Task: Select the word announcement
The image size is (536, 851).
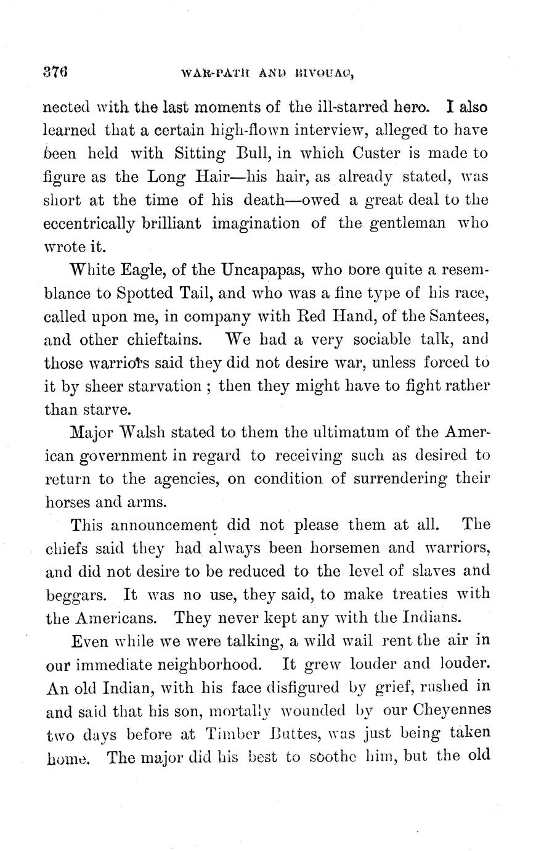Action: pos(163,526)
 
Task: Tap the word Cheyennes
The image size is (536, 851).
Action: pos(451,710)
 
